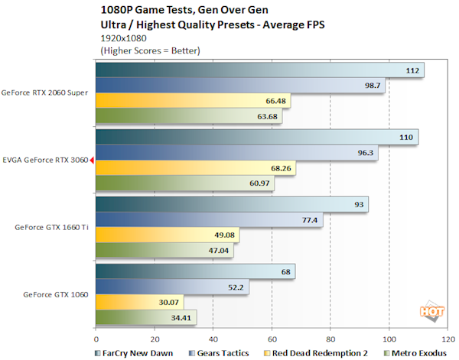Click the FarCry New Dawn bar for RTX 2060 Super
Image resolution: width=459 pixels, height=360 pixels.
[x=260, y=70]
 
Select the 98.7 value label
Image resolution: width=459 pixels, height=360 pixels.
[x=373, y=86]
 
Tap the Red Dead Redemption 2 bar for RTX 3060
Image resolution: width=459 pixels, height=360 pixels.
[x=196, y=167]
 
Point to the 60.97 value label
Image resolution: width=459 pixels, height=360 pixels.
[x=260, y=183]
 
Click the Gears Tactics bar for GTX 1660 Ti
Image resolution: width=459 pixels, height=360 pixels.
[x=210, y=219]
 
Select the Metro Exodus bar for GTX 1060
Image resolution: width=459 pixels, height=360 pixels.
[x=146, y=316]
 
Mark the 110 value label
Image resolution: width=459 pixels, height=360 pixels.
[x=405, y=138]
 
